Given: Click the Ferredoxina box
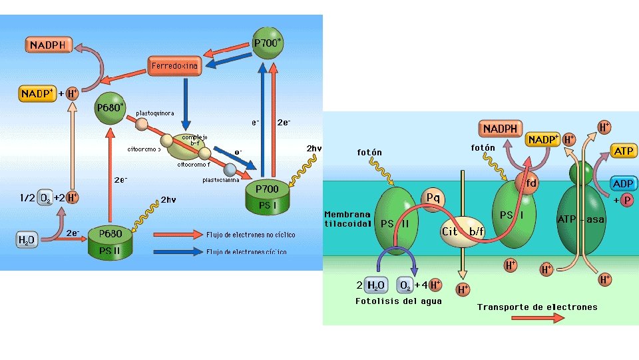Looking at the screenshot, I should [x=174, y=66].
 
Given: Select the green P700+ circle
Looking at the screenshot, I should [x=268, y=43].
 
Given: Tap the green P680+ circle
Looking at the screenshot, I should [x=110, y=108].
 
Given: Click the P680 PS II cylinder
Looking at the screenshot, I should [x=110, y=241].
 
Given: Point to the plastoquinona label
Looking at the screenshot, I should [x=155, y=113].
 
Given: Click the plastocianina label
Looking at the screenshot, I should [x=221, y=179].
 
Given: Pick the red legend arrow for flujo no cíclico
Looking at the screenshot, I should [x=177, y=235].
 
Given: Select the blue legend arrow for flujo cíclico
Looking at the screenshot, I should [x=177, y=251].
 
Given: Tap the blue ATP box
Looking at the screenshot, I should [x=623, y=151].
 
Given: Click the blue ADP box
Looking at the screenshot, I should [x=623, y=183].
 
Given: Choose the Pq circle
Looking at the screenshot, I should [x=433, y=197].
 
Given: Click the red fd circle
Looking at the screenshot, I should [x=527, y=183].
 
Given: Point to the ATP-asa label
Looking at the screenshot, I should [x=581, y=219].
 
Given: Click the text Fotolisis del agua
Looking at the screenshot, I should [x=398, y=301].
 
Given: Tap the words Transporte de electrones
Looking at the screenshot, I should [x=537, y=307].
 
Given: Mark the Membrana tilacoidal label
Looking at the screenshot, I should [x=347, y=219].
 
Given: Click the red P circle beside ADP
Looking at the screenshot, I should [x=627, y=200].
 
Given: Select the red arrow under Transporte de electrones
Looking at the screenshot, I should [x=537, y=318].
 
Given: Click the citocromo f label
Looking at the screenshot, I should [x=194, y=165].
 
